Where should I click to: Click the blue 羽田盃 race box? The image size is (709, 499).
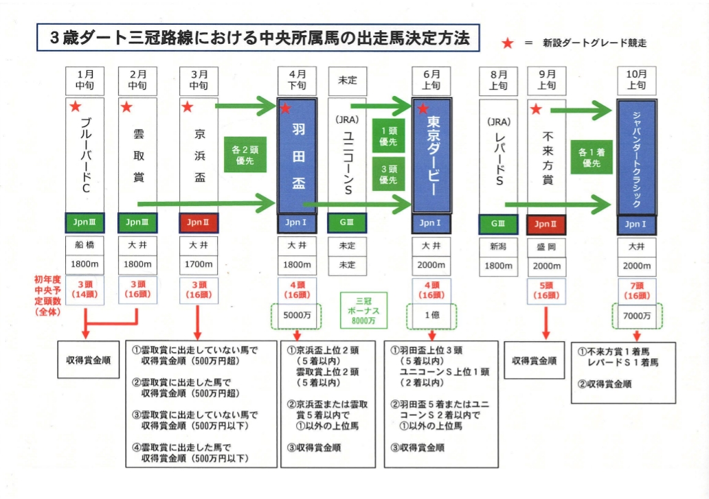tap(298, 156)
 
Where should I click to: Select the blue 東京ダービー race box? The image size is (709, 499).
tap(431, 156)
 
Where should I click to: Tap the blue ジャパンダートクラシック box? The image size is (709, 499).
tap(636, 156)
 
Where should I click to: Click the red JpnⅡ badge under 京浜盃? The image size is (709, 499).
tap(198, 223)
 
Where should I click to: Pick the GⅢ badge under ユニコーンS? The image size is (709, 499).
tap(348, 223)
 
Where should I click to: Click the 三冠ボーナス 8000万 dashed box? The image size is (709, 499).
tap(363, 309)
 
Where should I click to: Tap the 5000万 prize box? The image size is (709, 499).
tap(298, 316)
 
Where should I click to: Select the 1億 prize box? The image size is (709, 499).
tap(431, 316)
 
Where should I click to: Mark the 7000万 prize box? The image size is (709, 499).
tap(636, 316)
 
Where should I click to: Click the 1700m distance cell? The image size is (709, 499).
tap(198, 264)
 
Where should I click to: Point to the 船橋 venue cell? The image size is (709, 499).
tap(85, 246)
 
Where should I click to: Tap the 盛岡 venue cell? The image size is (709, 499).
tap(546, 246)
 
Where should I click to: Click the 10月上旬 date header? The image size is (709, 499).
tap(636, 80)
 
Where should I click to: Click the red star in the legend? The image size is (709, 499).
tap(508, 43)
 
